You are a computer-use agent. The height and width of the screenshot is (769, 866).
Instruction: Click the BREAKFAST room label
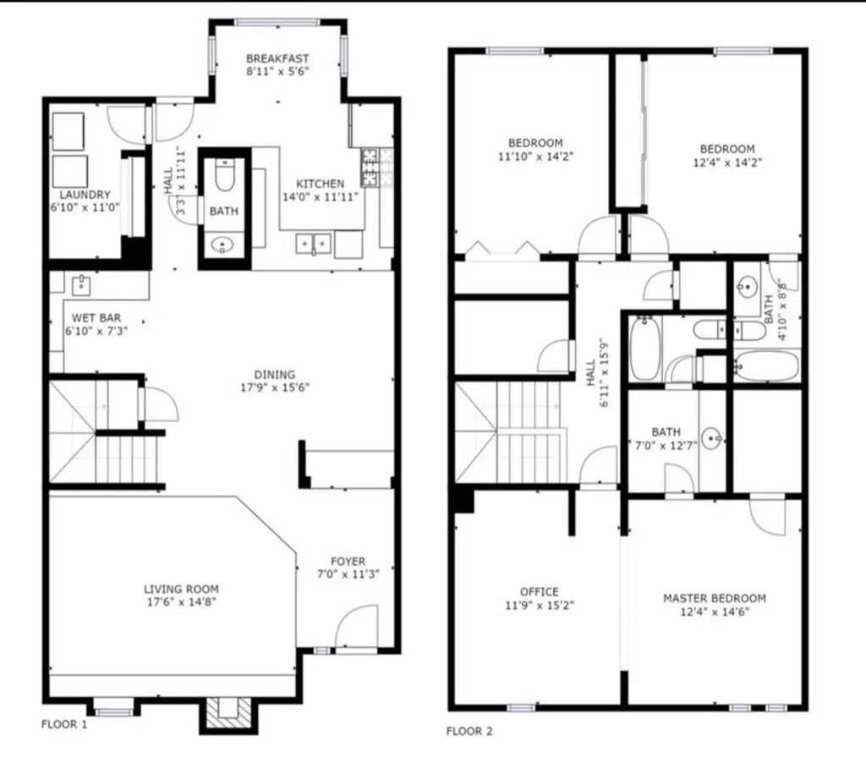[x=277, y=58]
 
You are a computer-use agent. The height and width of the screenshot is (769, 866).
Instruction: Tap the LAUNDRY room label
[x=79, y=194]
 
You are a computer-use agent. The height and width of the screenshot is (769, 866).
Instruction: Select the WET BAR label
[x=96, y=318]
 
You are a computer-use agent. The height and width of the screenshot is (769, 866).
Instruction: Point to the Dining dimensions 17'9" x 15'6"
[x=275, y=389]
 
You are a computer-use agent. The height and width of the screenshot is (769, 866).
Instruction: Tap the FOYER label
[x=348, y=561]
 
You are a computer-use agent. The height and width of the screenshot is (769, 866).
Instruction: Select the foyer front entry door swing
[x=354, y=629]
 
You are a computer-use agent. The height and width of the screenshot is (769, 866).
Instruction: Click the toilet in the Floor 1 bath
[x=224, y=179]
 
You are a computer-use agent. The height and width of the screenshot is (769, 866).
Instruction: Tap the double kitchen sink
[x=314, y=244]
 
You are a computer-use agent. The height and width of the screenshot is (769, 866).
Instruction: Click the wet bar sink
[x=81, y=283]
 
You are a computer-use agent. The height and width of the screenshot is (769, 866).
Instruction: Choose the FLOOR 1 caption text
[x=64, y=724]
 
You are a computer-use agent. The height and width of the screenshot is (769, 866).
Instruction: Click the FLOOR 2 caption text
[x=469, y=730]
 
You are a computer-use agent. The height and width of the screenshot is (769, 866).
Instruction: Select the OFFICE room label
[x=539, y=591]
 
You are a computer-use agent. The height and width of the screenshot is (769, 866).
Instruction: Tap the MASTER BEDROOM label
[x=714, y=598]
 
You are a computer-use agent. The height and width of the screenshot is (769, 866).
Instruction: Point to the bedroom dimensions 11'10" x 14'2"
[x=534, y=157]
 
